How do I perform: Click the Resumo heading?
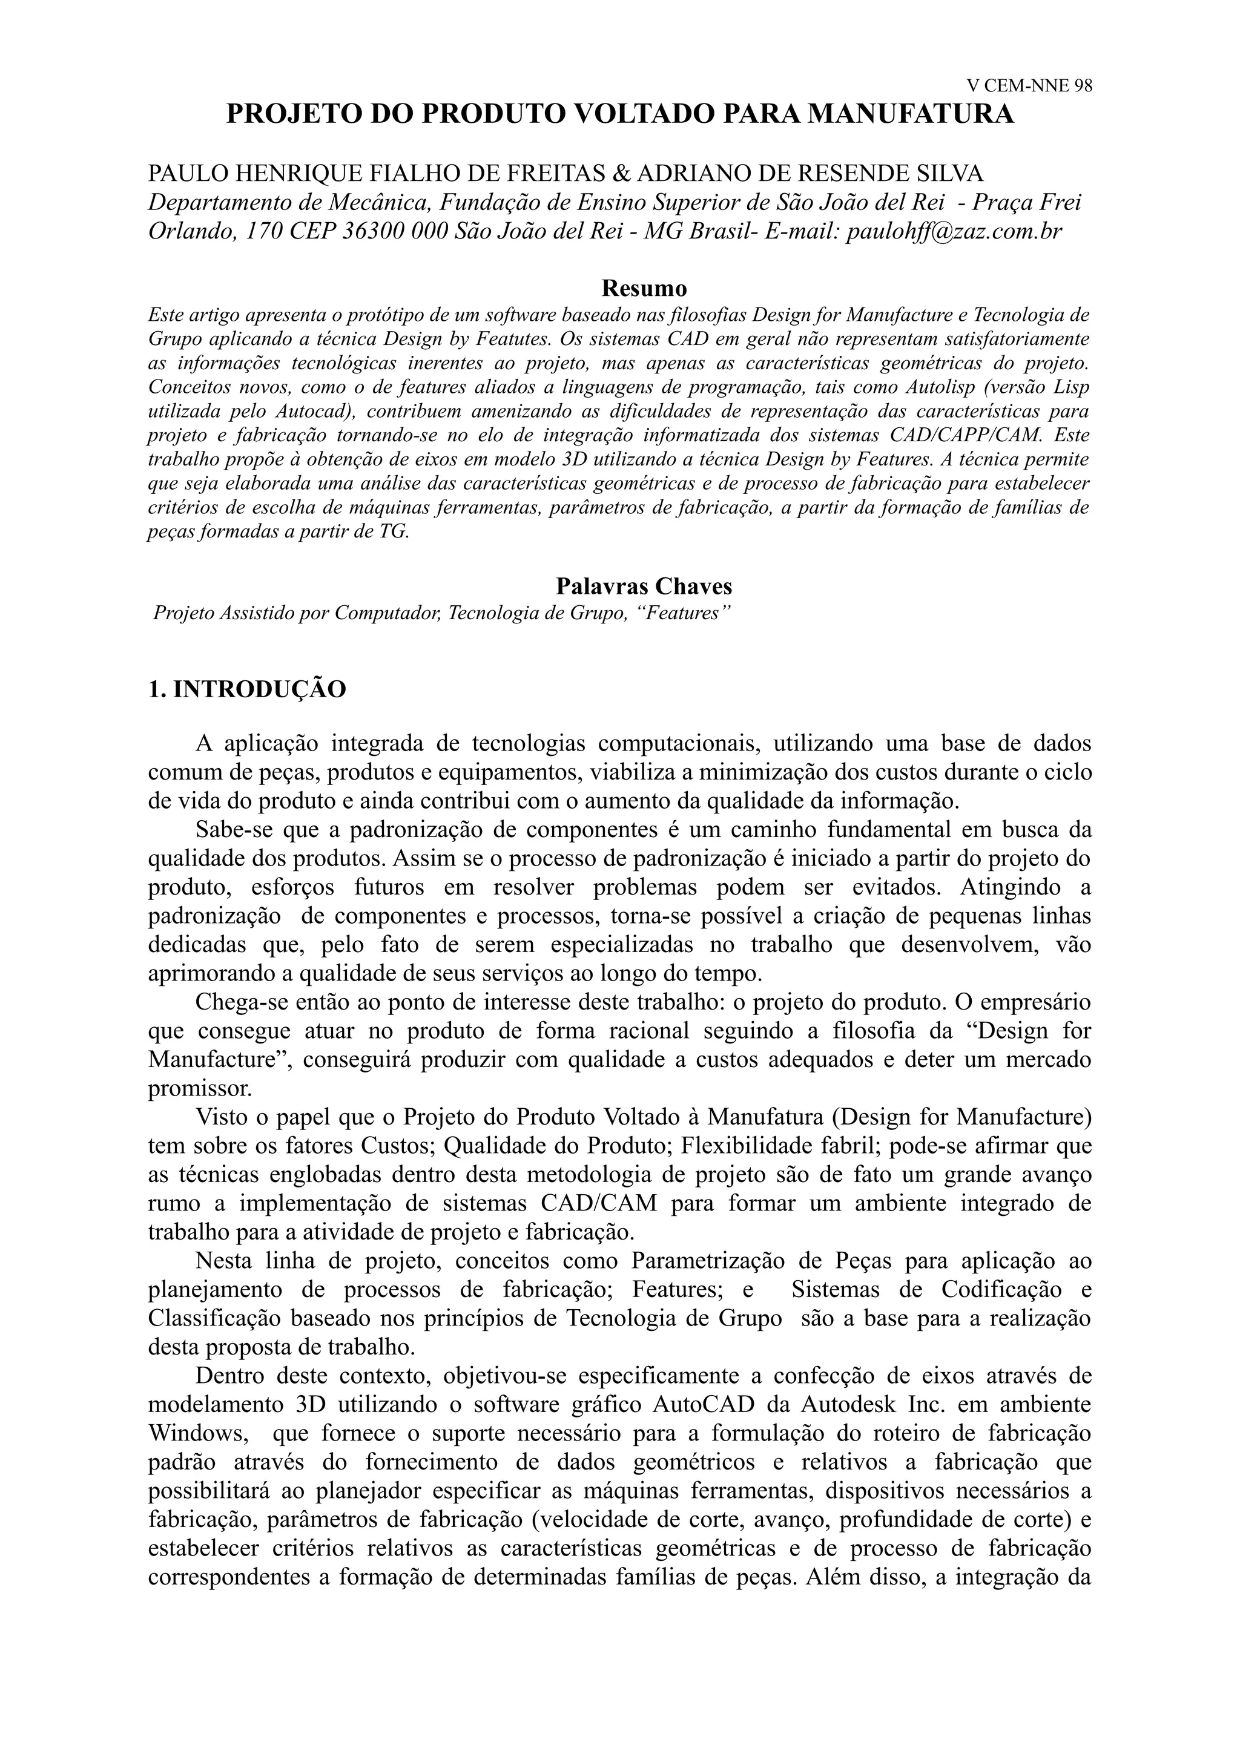644,288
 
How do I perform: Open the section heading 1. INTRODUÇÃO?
247,689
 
